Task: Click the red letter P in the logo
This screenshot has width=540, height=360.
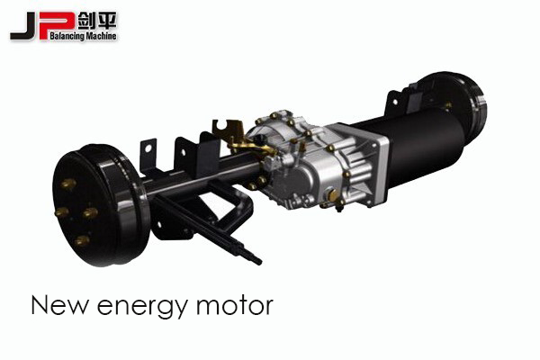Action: [x=59, y=25]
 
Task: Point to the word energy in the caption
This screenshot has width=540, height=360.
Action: [x=142, y=307]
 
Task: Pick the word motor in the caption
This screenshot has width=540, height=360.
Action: [x=235, y=306]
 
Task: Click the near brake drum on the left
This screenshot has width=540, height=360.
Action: [x=101, y=205]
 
